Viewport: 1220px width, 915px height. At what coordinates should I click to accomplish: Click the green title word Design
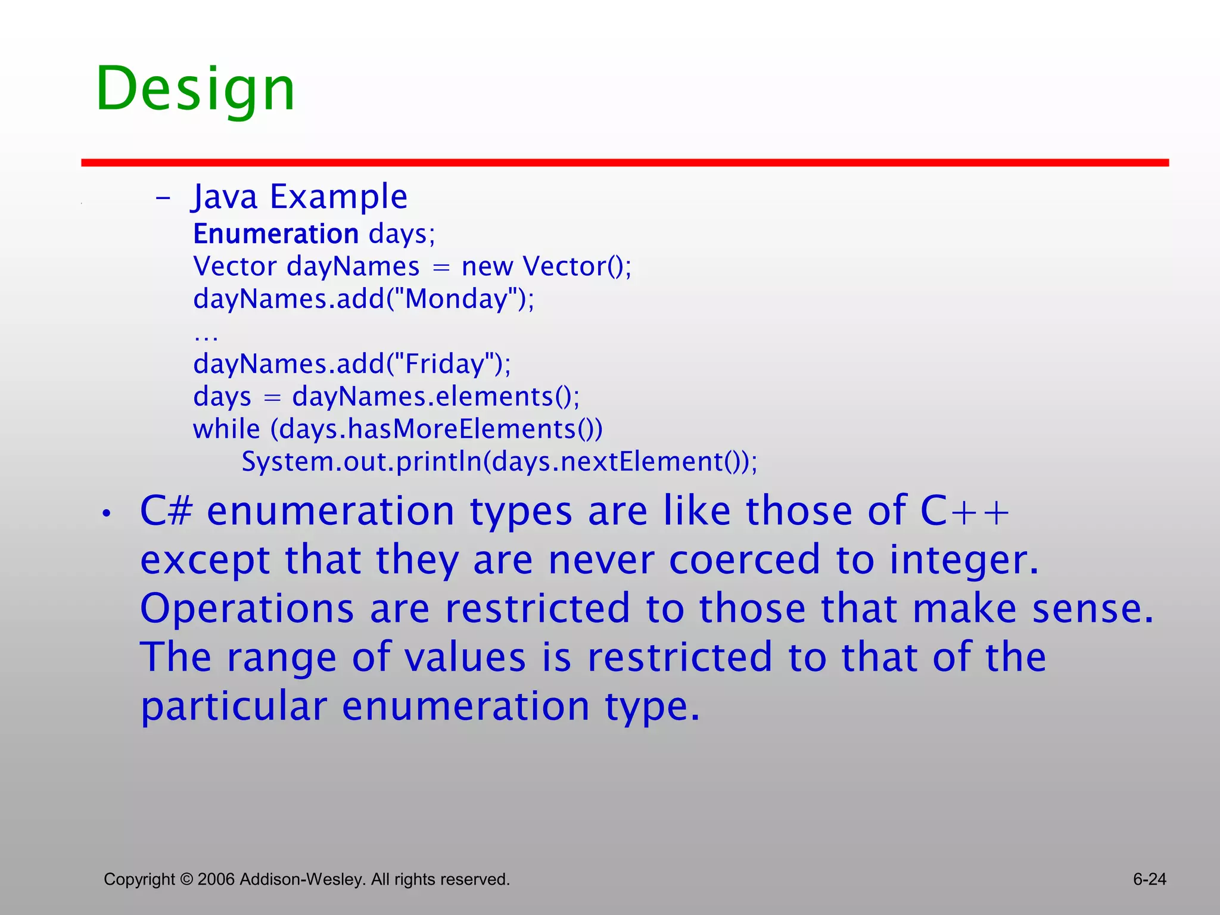[x=195, y=89]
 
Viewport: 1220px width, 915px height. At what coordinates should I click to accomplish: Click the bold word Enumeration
[x=275, y=234]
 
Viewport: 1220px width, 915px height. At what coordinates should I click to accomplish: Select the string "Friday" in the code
[x=444, y=363]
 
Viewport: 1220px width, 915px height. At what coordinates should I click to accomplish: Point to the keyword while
[x=226, y=429]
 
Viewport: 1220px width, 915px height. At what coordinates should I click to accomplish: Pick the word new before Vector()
[x=487, y=266]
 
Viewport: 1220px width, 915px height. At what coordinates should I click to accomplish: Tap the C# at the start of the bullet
[x=166, y=511]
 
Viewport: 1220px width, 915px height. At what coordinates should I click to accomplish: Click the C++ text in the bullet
[x=964, y=511]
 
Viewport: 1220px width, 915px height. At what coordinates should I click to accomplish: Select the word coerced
[x=745, y=560]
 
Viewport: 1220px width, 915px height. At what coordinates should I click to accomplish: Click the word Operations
[x=247, y=609]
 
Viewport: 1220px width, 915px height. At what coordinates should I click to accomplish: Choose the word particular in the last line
[x=234, y=707]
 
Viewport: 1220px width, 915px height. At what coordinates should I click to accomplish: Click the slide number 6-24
[x=1149, y=879]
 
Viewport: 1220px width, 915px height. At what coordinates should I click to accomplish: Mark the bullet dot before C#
[x=106, y=513]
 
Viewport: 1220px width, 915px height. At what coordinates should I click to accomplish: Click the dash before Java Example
[x=163, y=198]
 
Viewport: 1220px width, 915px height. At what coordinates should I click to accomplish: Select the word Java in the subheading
[x=225, y=197]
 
